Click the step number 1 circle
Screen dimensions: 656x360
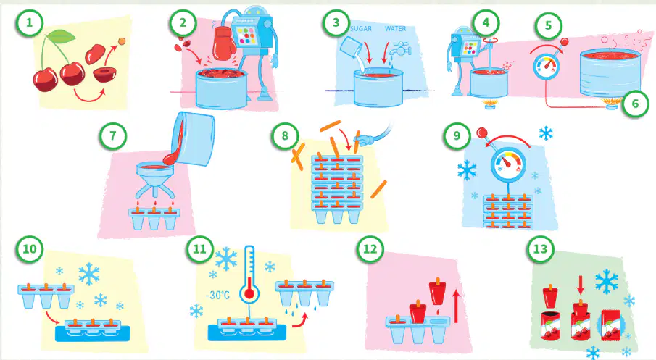29,22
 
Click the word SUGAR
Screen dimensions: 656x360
361,29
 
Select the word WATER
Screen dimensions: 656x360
395,29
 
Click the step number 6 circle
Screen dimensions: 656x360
635,104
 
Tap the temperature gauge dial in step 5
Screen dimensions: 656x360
546,67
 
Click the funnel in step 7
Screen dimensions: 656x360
155,180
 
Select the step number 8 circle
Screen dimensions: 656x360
285,135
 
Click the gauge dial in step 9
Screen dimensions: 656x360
508,164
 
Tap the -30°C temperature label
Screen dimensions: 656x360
217,296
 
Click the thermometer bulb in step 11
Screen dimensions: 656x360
249,293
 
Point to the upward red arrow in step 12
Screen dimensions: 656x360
457,307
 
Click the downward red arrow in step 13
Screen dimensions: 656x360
581,285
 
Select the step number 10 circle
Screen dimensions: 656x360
29,249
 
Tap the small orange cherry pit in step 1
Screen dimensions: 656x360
122,41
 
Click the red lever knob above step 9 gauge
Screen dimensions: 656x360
481,133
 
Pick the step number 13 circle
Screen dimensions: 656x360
541,249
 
